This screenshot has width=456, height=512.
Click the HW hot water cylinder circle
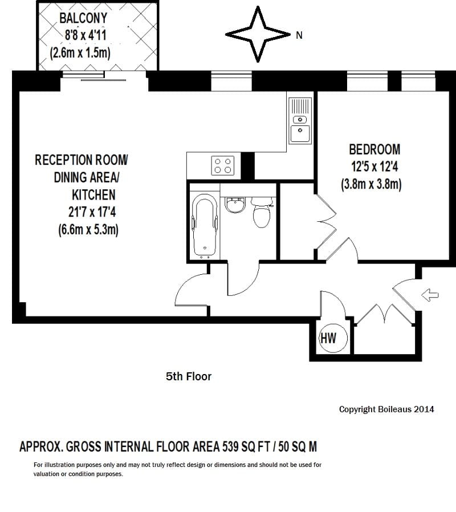(328, 338)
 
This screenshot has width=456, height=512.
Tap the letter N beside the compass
(299, 35)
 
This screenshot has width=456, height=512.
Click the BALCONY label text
(83, 18)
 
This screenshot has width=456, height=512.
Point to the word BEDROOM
(374, 149)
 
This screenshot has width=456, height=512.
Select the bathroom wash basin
(233, 204)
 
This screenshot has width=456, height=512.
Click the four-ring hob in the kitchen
(222, 165)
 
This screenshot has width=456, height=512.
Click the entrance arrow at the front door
(431, 295)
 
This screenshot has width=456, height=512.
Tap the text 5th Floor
(188, 376)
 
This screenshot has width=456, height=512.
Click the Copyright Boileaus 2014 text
(386, 409)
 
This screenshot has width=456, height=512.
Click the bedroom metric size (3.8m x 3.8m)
(372, 185)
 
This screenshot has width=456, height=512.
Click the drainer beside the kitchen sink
(300, 107)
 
